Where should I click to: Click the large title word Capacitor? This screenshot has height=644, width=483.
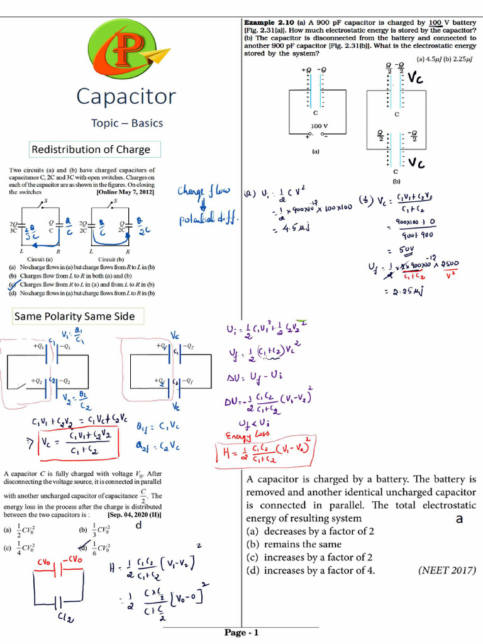pos(126,96)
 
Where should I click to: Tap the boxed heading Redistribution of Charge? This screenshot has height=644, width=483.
pos(91,150)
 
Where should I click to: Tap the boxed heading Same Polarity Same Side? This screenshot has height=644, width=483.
pos(75,316)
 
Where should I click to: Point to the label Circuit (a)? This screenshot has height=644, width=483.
pos(40,259)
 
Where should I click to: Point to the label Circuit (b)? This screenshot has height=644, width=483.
pos(111,259)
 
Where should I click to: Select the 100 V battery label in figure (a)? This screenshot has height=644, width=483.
pos(319,126)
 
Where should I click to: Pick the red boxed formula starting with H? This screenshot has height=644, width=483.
pos(271,452)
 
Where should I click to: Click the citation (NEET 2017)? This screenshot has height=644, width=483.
pos(447,570)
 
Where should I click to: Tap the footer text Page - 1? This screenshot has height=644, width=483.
pos(241,633)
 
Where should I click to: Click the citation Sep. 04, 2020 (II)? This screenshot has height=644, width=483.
pos(134,514)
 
